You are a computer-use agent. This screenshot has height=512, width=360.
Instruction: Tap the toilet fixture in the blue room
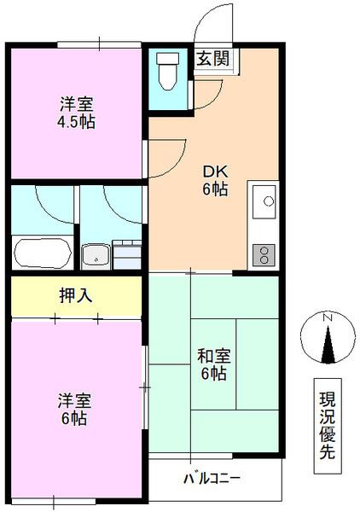tap(167, 73)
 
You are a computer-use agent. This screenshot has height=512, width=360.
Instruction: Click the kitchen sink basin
tap(264, 202)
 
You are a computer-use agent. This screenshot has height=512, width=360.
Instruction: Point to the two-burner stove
tap(264, 253)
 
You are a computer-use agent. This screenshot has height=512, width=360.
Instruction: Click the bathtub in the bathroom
tap(43, 253)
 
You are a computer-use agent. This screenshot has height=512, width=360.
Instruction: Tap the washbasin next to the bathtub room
tap(96, 253)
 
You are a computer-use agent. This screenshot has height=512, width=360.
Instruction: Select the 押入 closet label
tap(75, 296)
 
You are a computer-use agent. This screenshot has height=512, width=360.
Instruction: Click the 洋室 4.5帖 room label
tap(76, 112)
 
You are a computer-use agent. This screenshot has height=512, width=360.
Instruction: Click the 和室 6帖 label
tap(212, 364)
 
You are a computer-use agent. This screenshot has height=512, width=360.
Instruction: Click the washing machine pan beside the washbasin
tap(126, 253)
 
